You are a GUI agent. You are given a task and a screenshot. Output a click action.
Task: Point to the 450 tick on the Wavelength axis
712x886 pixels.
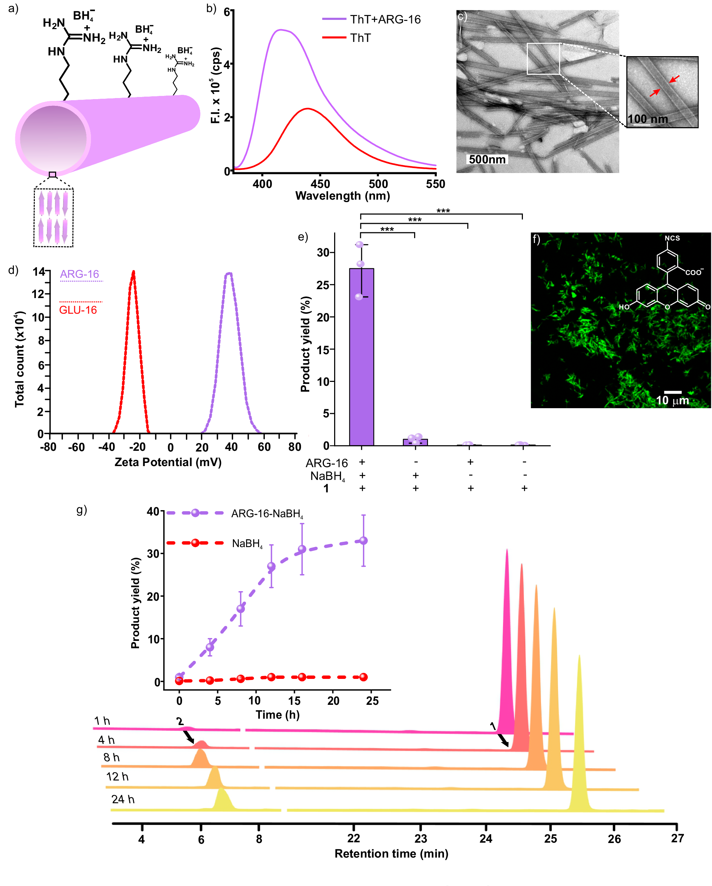[x=320, y=184]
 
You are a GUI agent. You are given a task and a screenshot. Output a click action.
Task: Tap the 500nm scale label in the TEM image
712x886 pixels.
[x=487, y=159]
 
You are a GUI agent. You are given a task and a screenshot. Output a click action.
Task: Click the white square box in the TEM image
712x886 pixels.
[x=543, y=59]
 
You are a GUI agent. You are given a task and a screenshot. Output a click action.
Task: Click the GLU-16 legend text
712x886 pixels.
[x=78, y=310]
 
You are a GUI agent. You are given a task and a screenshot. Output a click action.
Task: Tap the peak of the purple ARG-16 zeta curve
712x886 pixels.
[x=229, y=273]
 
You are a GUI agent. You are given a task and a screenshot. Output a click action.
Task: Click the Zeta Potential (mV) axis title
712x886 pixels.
[x=168, y=462]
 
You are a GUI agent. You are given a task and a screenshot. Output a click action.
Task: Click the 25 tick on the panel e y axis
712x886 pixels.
[x=323, y=285]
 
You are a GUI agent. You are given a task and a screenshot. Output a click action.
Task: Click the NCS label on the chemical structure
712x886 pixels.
[x=672, y=238]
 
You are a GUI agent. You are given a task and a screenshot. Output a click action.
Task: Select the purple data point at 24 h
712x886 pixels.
[x=363, y=541]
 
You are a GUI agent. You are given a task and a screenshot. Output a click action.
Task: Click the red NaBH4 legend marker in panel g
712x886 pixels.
[x=195, y=543]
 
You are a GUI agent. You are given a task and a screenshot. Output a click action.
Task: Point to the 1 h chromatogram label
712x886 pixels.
[x=102, y=721]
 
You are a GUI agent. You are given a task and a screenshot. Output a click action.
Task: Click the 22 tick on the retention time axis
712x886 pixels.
[x=354, y=838]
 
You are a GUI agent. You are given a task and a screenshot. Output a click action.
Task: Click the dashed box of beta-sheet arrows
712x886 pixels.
[x=53, y=218]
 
